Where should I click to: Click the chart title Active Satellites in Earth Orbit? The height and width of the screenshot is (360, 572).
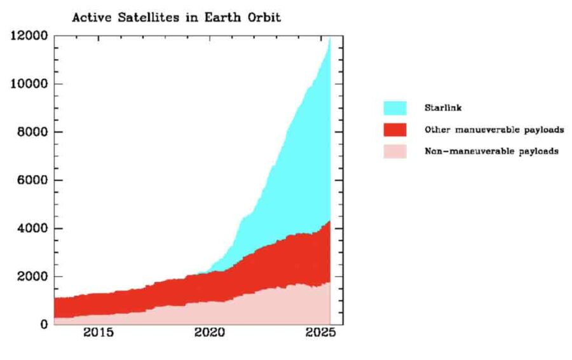[176, 18]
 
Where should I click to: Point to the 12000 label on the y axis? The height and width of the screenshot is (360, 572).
[29, 36]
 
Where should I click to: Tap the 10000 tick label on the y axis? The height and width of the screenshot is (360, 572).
[29, 84]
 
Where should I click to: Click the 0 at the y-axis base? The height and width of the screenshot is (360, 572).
[44, 324]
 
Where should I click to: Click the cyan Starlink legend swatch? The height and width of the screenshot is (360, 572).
[395, 107]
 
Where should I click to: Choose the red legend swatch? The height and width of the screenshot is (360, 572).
[395, 130]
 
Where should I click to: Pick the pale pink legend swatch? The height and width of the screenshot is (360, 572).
[395, 151]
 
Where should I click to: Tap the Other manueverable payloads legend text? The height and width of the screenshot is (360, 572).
[494, 130]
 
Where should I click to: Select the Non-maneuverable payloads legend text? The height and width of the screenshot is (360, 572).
[491, 151]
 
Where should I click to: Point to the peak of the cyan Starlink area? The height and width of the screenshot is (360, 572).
[329, 39]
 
